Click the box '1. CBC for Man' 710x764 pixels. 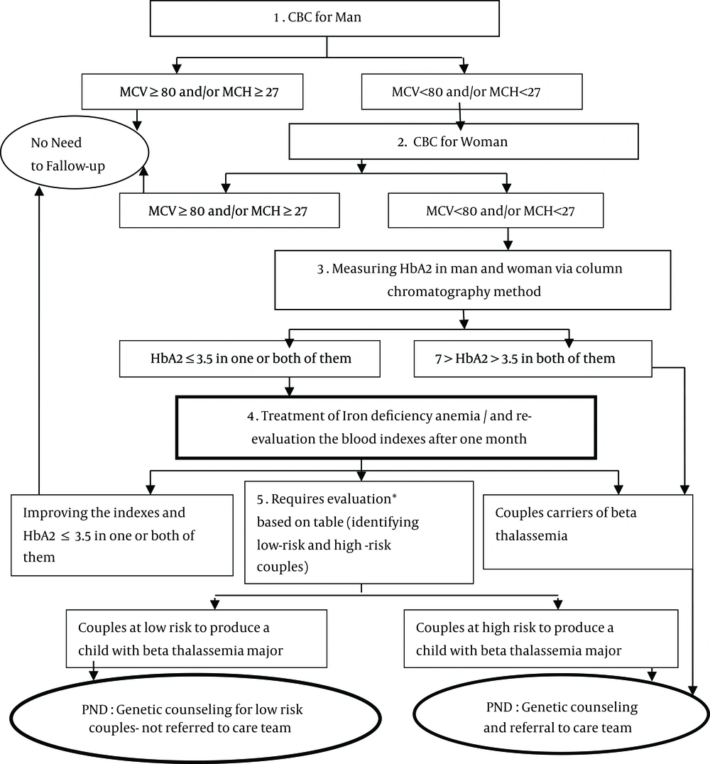pos(324,18)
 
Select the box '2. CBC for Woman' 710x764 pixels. pos(464,141)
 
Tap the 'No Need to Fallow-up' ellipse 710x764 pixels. pos(75,153)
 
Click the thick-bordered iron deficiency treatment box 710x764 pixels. pos(386,427)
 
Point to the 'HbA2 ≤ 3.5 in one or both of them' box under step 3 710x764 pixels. pos(249,359)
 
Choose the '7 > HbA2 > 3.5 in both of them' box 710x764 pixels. pos(532,359)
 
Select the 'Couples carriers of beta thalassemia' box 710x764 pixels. pos(588,532)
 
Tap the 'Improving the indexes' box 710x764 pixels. pos(122,535)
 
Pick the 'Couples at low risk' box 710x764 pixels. pos(197,638)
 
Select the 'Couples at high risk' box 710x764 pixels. pos(541,638)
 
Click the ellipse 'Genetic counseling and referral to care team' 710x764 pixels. pos(562,715)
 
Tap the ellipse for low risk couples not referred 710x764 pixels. pos(195,718)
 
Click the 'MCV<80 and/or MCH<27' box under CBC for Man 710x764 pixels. pos(471,92)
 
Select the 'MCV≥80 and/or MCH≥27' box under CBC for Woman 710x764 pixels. pos(229,210)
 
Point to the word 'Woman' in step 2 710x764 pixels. pos(484,142)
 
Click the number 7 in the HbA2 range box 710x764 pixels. pos(439,359)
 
